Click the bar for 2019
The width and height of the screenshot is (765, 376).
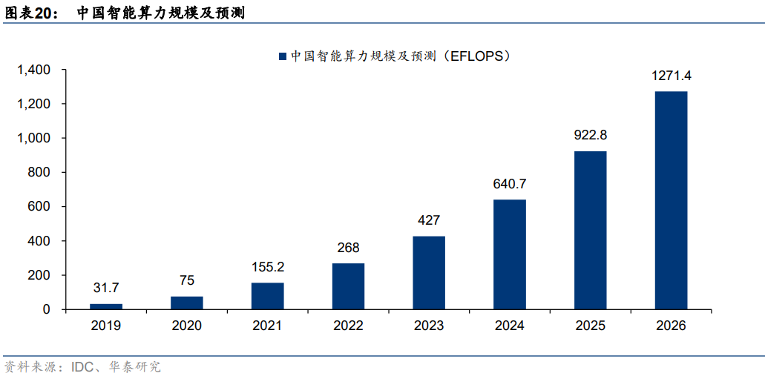click(106, 306)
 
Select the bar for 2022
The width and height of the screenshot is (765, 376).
click(348, 286)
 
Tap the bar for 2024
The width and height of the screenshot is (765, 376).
click(510, 254)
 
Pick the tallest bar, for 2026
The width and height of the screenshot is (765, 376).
click(671, 200)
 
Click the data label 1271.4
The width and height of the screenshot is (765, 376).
click(671, 76)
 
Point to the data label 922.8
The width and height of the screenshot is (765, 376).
click(590, 135)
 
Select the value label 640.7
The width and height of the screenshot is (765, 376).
click(510, 184)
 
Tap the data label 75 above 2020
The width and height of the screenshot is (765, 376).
click(186, 280)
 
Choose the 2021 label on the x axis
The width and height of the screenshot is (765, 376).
click(267, 326)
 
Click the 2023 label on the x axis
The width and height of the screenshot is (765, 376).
click(429, 326)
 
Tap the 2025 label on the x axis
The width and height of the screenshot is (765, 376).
click(590, 326)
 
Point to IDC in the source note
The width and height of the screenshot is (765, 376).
click(82, 366)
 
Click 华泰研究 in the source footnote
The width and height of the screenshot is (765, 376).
click(136, 366)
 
